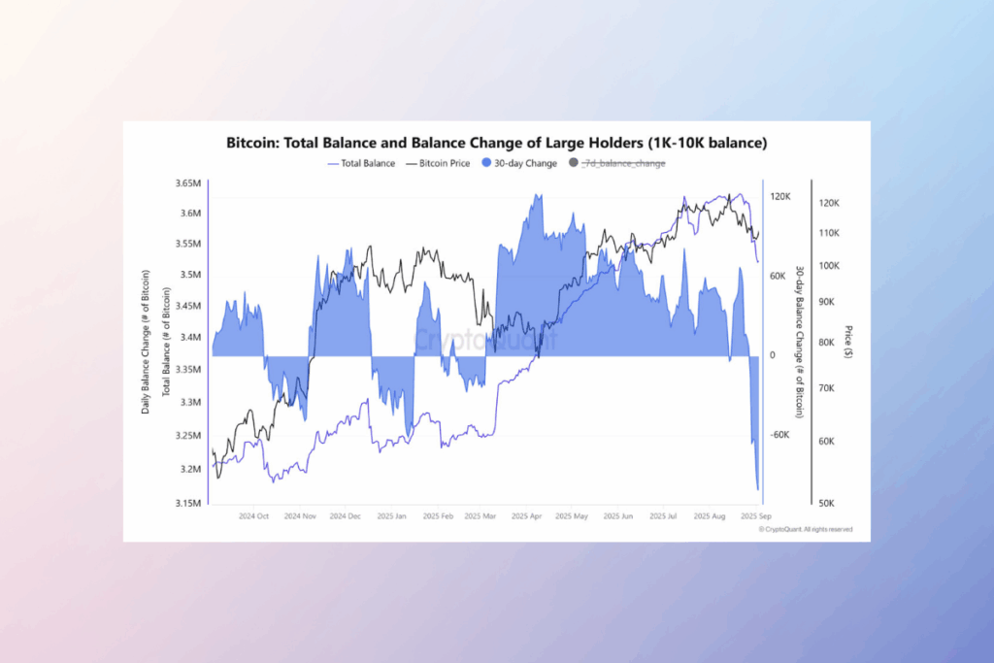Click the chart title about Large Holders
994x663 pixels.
pos(496,143)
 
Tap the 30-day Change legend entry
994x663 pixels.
pos(520,163)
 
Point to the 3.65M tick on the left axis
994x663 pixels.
pos(187,183)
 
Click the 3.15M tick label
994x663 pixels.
pos(187,503)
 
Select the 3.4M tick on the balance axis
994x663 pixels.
pos(189,338)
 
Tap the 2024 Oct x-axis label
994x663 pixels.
pos(253,516)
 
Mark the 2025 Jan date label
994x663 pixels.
pos(391,516)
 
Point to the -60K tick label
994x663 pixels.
pos(780,435)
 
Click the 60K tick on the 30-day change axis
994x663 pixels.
pos(779,276)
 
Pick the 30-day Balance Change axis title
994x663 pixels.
pos(799,342)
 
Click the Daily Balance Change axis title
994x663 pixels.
pos(146,343)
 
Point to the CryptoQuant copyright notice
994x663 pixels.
pos(805,530)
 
